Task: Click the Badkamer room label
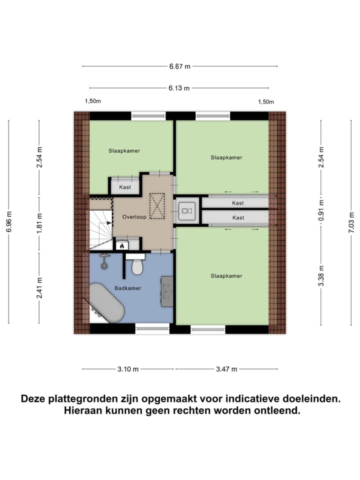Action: [127, 288]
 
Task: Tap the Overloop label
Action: [134, 217]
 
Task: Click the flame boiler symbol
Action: [121, 245]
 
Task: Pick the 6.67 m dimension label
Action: [179, 66]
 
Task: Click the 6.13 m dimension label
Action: [179, 88]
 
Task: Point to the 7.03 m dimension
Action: [351, 221]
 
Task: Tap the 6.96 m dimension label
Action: [8, 221]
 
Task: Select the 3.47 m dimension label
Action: [226, 369]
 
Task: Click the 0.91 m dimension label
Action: [321, 210]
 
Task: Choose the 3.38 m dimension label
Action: [321, 275]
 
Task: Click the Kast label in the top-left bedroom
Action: [124, 187]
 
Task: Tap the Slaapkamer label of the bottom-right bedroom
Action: [226, 276]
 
